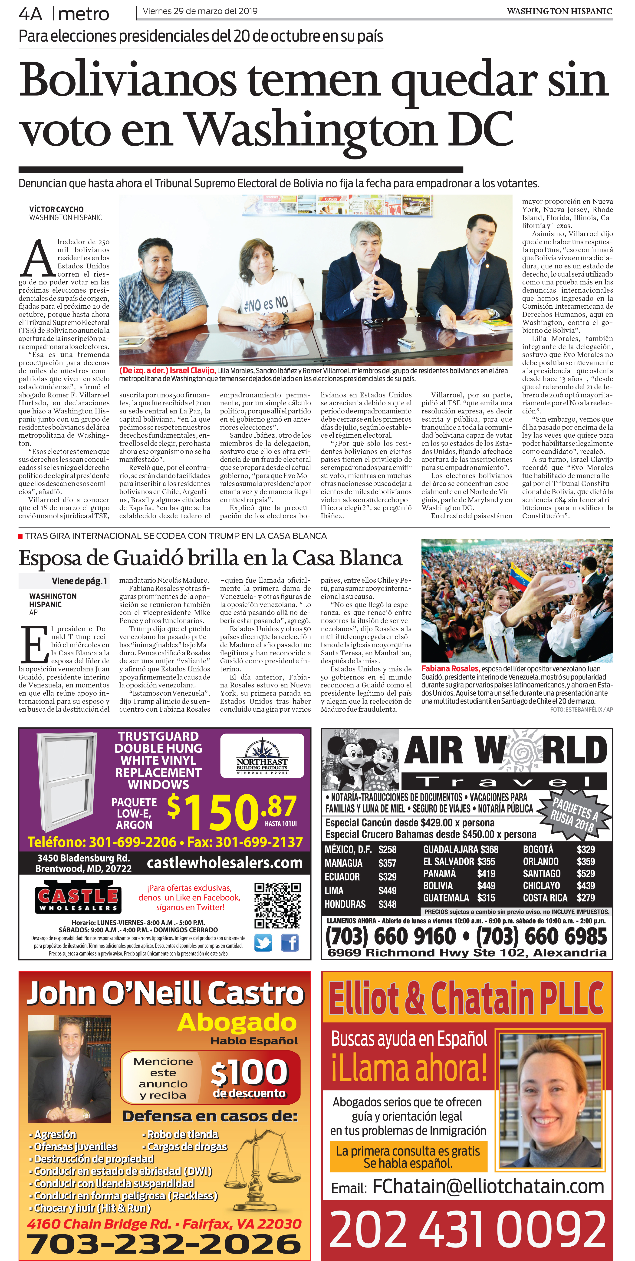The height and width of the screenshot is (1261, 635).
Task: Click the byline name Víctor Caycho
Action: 56,209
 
